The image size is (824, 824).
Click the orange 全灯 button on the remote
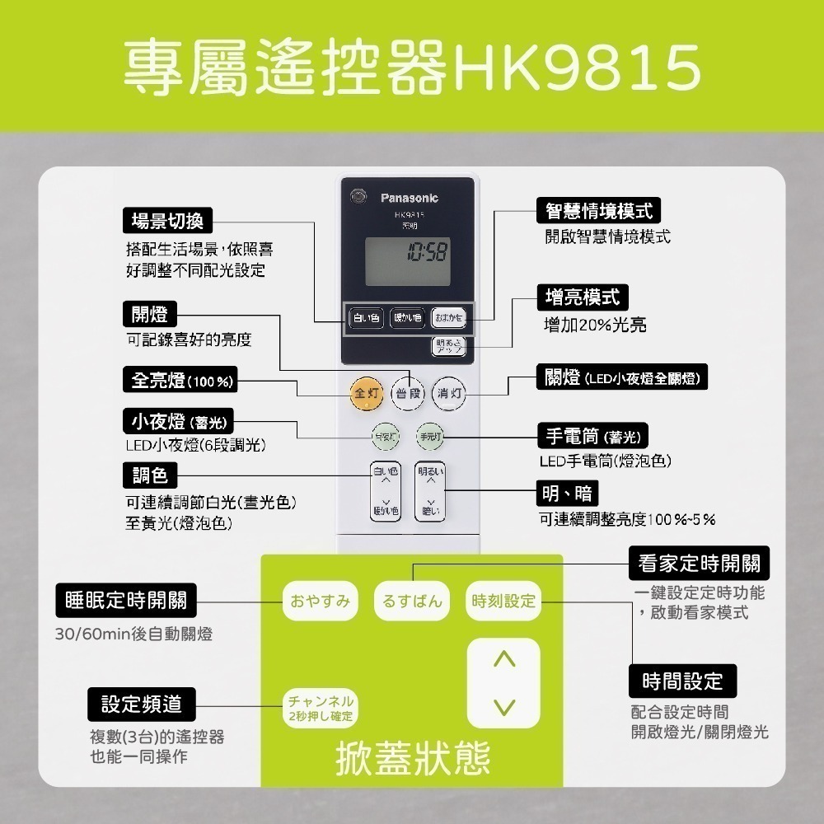coord(365,393)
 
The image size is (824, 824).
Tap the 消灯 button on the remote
coord(450,393)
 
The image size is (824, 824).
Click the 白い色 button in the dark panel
coord(366,317)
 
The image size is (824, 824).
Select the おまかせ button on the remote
coord(449,317)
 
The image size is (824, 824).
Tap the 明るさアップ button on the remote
coord(449,347)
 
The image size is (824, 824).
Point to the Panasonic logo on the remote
coord(410,199)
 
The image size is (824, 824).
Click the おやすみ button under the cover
coord(321,602)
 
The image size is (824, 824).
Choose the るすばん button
coord(413,602)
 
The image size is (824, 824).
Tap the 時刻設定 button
coord(503,602)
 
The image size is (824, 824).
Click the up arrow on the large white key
coord(503,659)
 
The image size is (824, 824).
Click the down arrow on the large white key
coord(503,707)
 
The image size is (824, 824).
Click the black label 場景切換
coord(167,221)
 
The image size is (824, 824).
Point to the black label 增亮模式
coord(583,297)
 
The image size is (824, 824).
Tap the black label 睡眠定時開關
coord(126,601)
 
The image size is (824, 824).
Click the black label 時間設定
coord(682,681)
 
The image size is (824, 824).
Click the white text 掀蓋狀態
coord(413,757)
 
